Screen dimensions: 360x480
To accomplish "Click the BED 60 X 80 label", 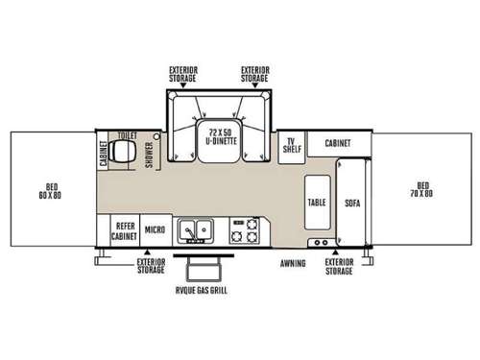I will coord(49,190).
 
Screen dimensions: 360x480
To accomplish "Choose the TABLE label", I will coord(317,204).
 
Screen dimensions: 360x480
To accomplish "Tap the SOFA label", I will coord(351,204).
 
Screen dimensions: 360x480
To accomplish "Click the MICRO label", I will coord(154,229).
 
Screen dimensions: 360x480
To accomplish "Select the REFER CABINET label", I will coord(123,229).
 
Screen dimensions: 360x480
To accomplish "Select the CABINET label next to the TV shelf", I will coord(337,143).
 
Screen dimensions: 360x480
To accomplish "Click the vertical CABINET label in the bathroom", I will coord(104,156).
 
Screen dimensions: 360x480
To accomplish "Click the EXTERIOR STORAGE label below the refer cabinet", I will coord(150,265).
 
